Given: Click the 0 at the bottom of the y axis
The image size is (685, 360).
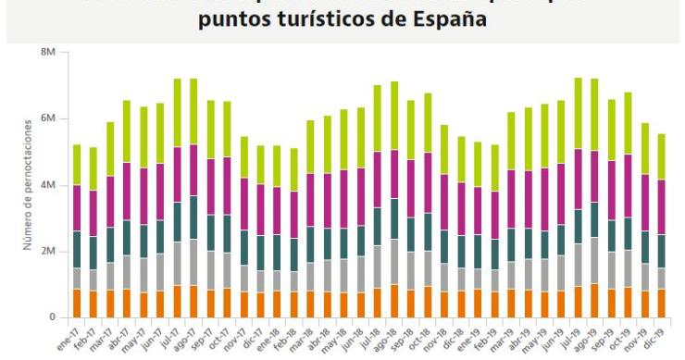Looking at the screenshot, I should [x=53, y=317].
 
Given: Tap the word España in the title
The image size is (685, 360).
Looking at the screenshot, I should [x=444, y=20].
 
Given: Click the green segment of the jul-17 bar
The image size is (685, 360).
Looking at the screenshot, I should [x=177, y=113].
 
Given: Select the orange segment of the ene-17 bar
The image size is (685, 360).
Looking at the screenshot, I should [x=76, y=303].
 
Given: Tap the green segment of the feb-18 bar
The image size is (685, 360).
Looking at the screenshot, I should [x=294, y=169].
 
